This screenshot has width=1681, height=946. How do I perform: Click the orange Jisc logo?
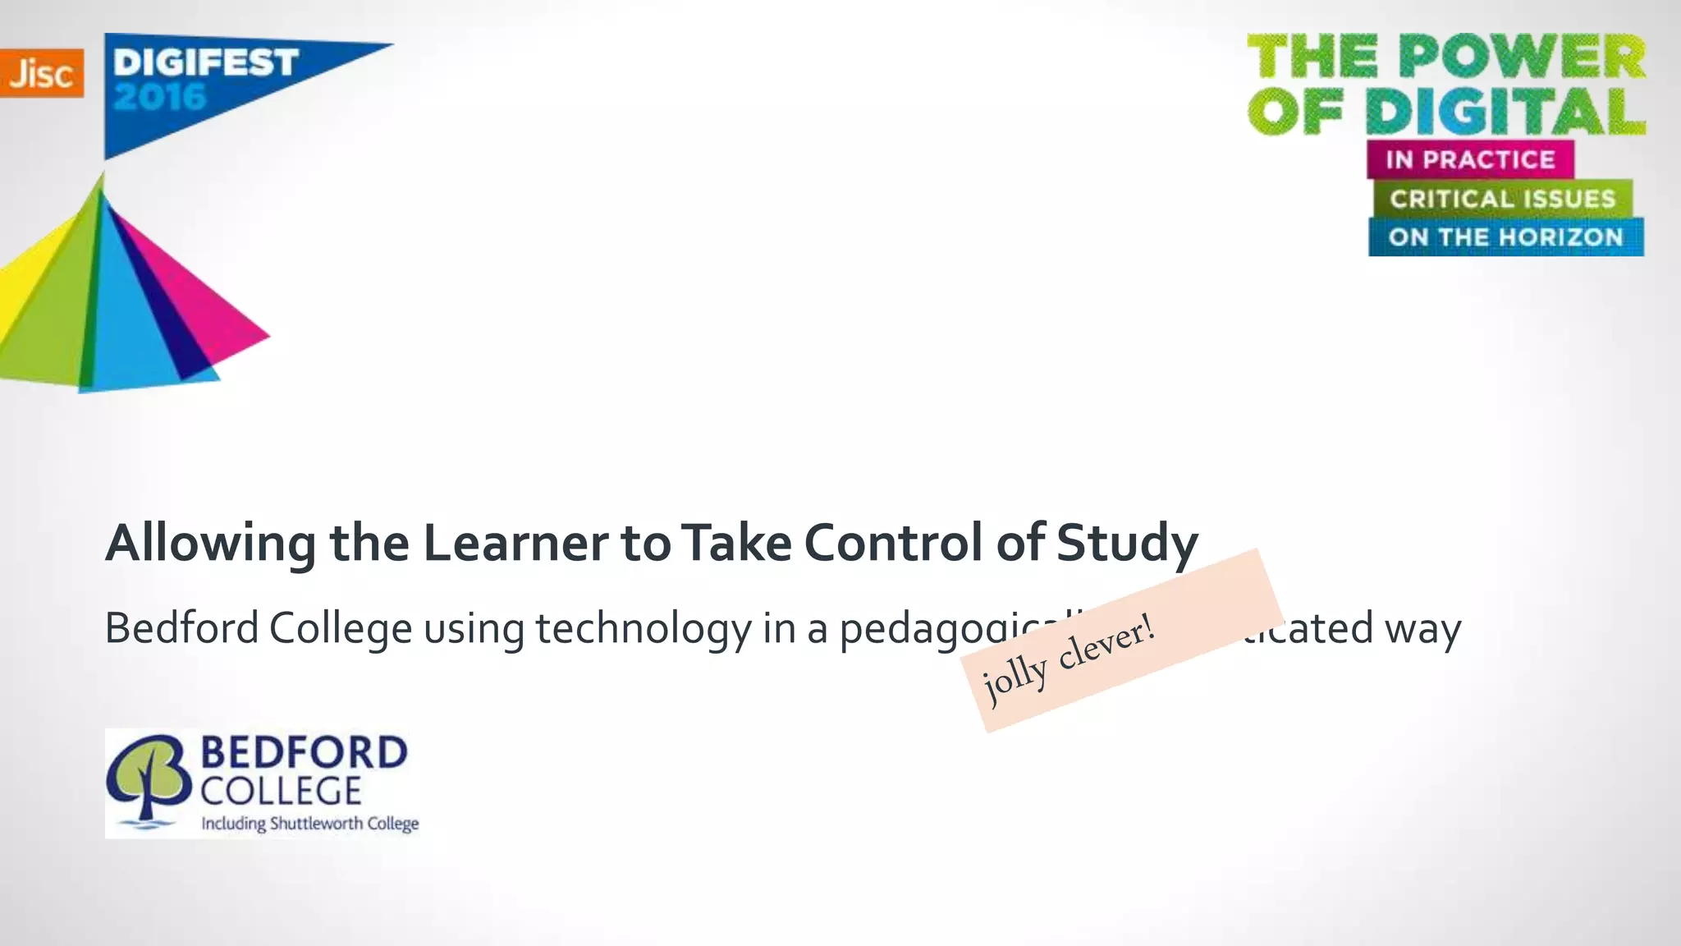(x=41, y=73)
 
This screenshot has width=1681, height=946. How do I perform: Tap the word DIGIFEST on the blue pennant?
(x=205, y=62)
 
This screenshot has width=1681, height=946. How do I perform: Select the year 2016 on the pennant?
(x=160, y=98)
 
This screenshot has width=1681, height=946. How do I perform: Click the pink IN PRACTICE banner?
(x=1470, y=159)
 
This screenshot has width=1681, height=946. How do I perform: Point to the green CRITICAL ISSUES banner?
(x=1502, y=199)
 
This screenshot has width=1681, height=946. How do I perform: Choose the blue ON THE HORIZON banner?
(x=1505, y=237)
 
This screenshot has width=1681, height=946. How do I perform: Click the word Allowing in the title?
(x=210, y=544)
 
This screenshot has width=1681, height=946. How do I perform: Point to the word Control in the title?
(x=894, y=544)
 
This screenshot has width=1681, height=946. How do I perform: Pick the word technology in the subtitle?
(x=644, y=629)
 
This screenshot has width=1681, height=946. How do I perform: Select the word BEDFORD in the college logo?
(x=304, y=753)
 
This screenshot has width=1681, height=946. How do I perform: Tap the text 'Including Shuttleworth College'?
(x=310, y=824)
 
